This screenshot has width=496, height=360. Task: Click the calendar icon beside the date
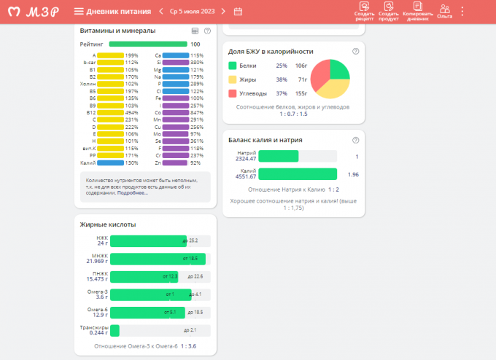coord(238,11)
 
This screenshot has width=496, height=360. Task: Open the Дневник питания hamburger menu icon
coord(79,11)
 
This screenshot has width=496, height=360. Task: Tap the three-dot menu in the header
coord(462,11)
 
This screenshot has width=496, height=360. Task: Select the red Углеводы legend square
coord(233,93)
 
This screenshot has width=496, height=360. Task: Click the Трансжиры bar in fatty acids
coord(115,330)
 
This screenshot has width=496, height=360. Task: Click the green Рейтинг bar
coord(148,44)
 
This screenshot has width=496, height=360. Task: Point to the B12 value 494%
coord(132,112)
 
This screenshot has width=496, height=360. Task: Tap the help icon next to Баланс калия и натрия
coord(355,140)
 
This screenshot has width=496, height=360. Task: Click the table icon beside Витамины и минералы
coord(195,31)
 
